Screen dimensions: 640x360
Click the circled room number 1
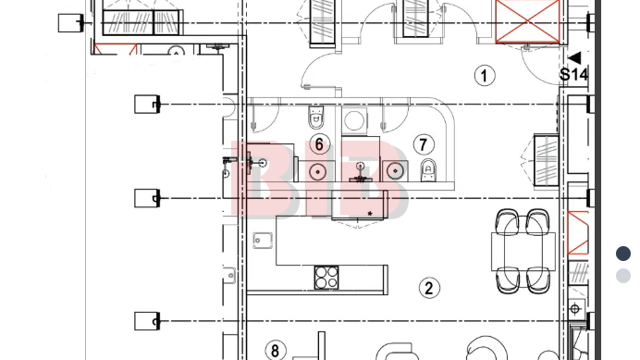coord(485,76)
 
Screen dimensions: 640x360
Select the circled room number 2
coord(429,288)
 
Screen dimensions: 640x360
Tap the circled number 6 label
coord(319,144)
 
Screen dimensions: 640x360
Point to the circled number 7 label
coord(424,144)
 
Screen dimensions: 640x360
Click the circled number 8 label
coord(275,350)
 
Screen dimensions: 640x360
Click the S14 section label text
coord(574,74)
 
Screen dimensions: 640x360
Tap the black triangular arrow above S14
coord(575,58)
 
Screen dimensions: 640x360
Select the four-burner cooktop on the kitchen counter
coord(326,278)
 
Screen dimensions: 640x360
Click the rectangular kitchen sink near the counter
coord(263,241)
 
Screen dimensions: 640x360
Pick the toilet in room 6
coord(316,117)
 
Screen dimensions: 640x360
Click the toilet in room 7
coord(428,170)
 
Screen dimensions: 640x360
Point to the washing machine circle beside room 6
coord(354,120)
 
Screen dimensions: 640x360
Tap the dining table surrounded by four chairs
coord(523,252)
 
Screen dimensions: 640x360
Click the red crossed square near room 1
coord(527,20)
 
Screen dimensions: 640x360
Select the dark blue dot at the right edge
coord(623,254)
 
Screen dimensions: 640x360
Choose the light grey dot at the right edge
coord(623,276)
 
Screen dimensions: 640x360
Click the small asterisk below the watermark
coord(370,213)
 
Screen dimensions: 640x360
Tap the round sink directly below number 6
coord(317,171)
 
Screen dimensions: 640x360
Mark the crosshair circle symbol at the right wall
coord(575,309)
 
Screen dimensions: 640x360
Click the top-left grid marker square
coord(70,23)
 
